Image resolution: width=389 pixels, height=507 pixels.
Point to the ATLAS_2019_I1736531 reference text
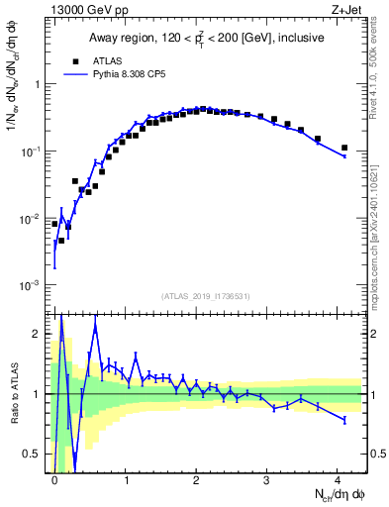coord(207,295)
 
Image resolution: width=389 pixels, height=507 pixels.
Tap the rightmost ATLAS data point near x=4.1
coord(344,148)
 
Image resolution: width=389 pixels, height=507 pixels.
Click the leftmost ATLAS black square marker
coord(54,224)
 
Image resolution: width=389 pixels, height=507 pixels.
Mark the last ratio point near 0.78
coord(344,420)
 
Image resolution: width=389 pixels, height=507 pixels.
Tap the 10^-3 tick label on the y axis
coord(33,285)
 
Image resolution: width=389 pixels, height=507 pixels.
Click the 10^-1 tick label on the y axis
coord(33,152)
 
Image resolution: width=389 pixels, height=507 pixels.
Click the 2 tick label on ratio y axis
coord(40,334)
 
